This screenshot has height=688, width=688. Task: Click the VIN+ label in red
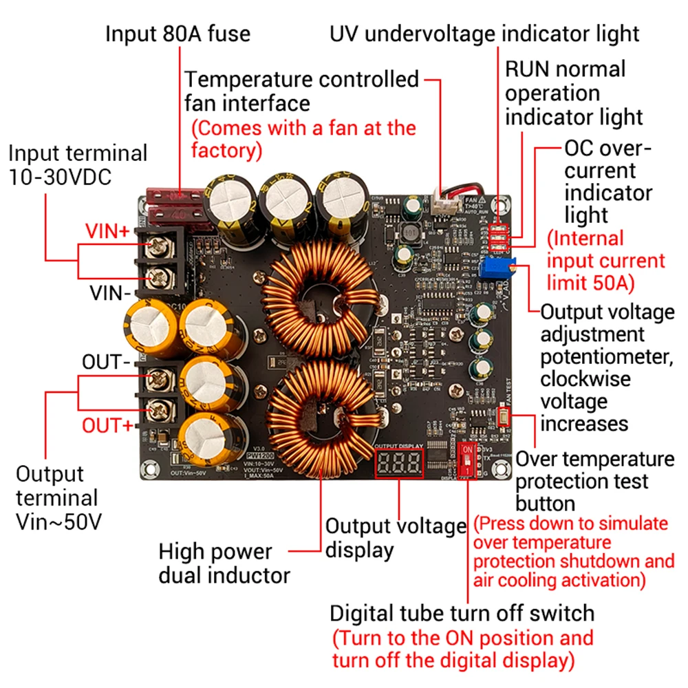107,231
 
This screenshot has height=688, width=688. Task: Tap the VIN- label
110,294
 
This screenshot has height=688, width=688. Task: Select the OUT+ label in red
107,425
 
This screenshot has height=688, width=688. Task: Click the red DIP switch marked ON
467,459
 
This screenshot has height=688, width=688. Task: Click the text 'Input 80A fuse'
178,34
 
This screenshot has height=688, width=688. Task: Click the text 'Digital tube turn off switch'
462,612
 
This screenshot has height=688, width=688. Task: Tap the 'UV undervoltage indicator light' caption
485,33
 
